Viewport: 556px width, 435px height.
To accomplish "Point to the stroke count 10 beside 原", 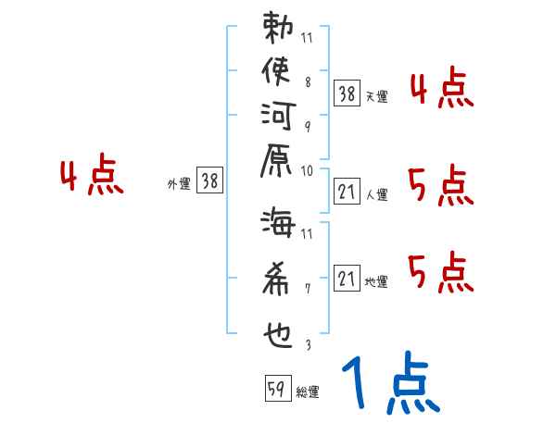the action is [308, 170].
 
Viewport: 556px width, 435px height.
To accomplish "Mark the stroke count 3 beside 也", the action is [308, 345].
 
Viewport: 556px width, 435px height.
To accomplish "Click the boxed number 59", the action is [275, 390].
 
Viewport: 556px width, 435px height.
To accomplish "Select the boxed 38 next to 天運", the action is [347, 93].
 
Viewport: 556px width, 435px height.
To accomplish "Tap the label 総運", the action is [308, 392].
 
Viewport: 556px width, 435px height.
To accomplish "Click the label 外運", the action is [179, 183].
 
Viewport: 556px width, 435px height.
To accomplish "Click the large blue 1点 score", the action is [390, 384].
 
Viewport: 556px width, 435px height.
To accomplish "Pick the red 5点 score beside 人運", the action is [441, 188].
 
